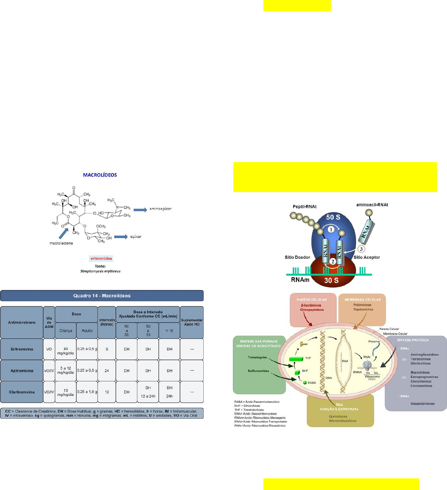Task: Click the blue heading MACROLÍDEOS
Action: click(100, 175)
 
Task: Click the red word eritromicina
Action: click(101, 259)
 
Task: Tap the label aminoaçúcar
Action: click(161, 209)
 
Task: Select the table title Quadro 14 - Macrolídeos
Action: click(102, 296)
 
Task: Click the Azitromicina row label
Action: click(22, 370)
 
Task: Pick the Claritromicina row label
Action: click(22, 392)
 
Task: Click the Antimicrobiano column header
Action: click(22, 322)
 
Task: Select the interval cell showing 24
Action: click(107, 370)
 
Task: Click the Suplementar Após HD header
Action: click(192, 322)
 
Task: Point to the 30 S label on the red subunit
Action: click(331, 280)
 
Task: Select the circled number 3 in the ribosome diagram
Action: click(362, 249)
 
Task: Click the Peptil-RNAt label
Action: click(305, 206)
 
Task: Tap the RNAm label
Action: click(300, 280)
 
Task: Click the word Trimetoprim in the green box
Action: click(256, 357)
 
